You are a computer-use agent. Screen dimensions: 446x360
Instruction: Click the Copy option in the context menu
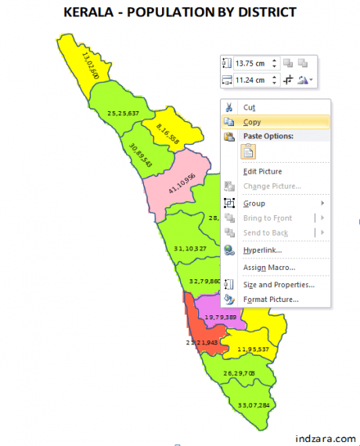pyautogui.click(x=252, y=122)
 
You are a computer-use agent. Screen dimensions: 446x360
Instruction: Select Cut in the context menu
pyautogui.click(x=249, y=107)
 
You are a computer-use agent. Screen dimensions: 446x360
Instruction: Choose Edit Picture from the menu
pyautogui.click(x=262, y=171)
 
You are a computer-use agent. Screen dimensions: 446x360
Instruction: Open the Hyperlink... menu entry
pyautogui.click(x=262, y=250)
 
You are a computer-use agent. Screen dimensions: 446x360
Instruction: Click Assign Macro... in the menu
pyautogui.click(x=269, y=268)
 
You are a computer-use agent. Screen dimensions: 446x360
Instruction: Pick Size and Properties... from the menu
pyautogui.click(x=279, y=285)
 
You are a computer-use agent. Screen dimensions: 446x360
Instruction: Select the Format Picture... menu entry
pyautogui.click(x=271, y=299)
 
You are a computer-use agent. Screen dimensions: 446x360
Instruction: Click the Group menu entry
pyautogui.click(x=254, y=203)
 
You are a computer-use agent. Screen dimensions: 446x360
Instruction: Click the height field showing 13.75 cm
pyautogui.click(x=251, y=63)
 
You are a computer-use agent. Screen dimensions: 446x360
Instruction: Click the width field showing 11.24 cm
pyautogui.click(x=251, y=80)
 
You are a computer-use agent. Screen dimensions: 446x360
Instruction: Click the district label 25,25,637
pyautogui.click(x=124, y=113)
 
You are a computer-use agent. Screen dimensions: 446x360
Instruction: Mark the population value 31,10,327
pyautogui.click(x=190, y=248)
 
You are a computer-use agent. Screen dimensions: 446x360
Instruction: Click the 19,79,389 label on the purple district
pyautogui.click(x=220, y=316)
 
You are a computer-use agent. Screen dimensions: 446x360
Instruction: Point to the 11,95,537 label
pyautogui.click(x=254, y=349)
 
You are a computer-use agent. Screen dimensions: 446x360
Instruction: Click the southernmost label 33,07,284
pyautogui.click(x=253, y=405)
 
